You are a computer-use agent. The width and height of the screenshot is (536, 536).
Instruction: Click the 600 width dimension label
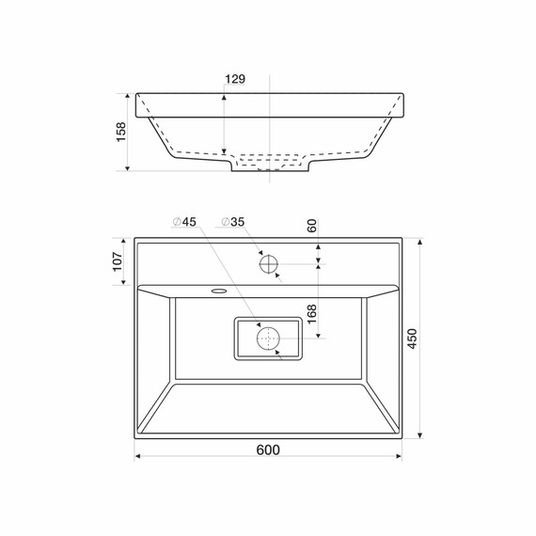click(x=268, y=449)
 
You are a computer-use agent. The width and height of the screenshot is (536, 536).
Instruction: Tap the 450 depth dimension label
click(x=413, y=339)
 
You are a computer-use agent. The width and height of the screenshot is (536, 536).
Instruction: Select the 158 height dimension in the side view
click(x=121, y=132)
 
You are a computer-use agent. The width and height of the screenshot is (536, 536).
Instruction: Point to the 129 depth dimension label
click(x=235, y=79)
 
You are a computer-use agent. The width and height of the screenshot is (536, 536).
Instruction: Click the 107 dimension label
click(x=118, y=261)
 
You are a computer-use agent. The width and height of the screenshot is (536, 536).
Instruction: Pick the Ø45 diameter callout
click(x=184, y=222)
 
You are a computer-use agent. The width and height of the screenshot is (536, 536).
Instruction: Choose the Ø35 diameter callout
click(x=233, y=222)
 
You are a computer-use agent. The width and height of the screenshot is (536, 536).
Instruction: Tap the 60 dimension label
click(x=312, y=226)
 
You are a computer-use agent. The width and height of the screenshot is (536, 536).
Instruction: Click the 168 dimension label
click(x=312, y=314)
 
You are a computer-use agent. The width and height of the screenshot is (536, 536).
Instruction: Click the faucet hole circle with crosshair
click(x=268, y=264)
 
